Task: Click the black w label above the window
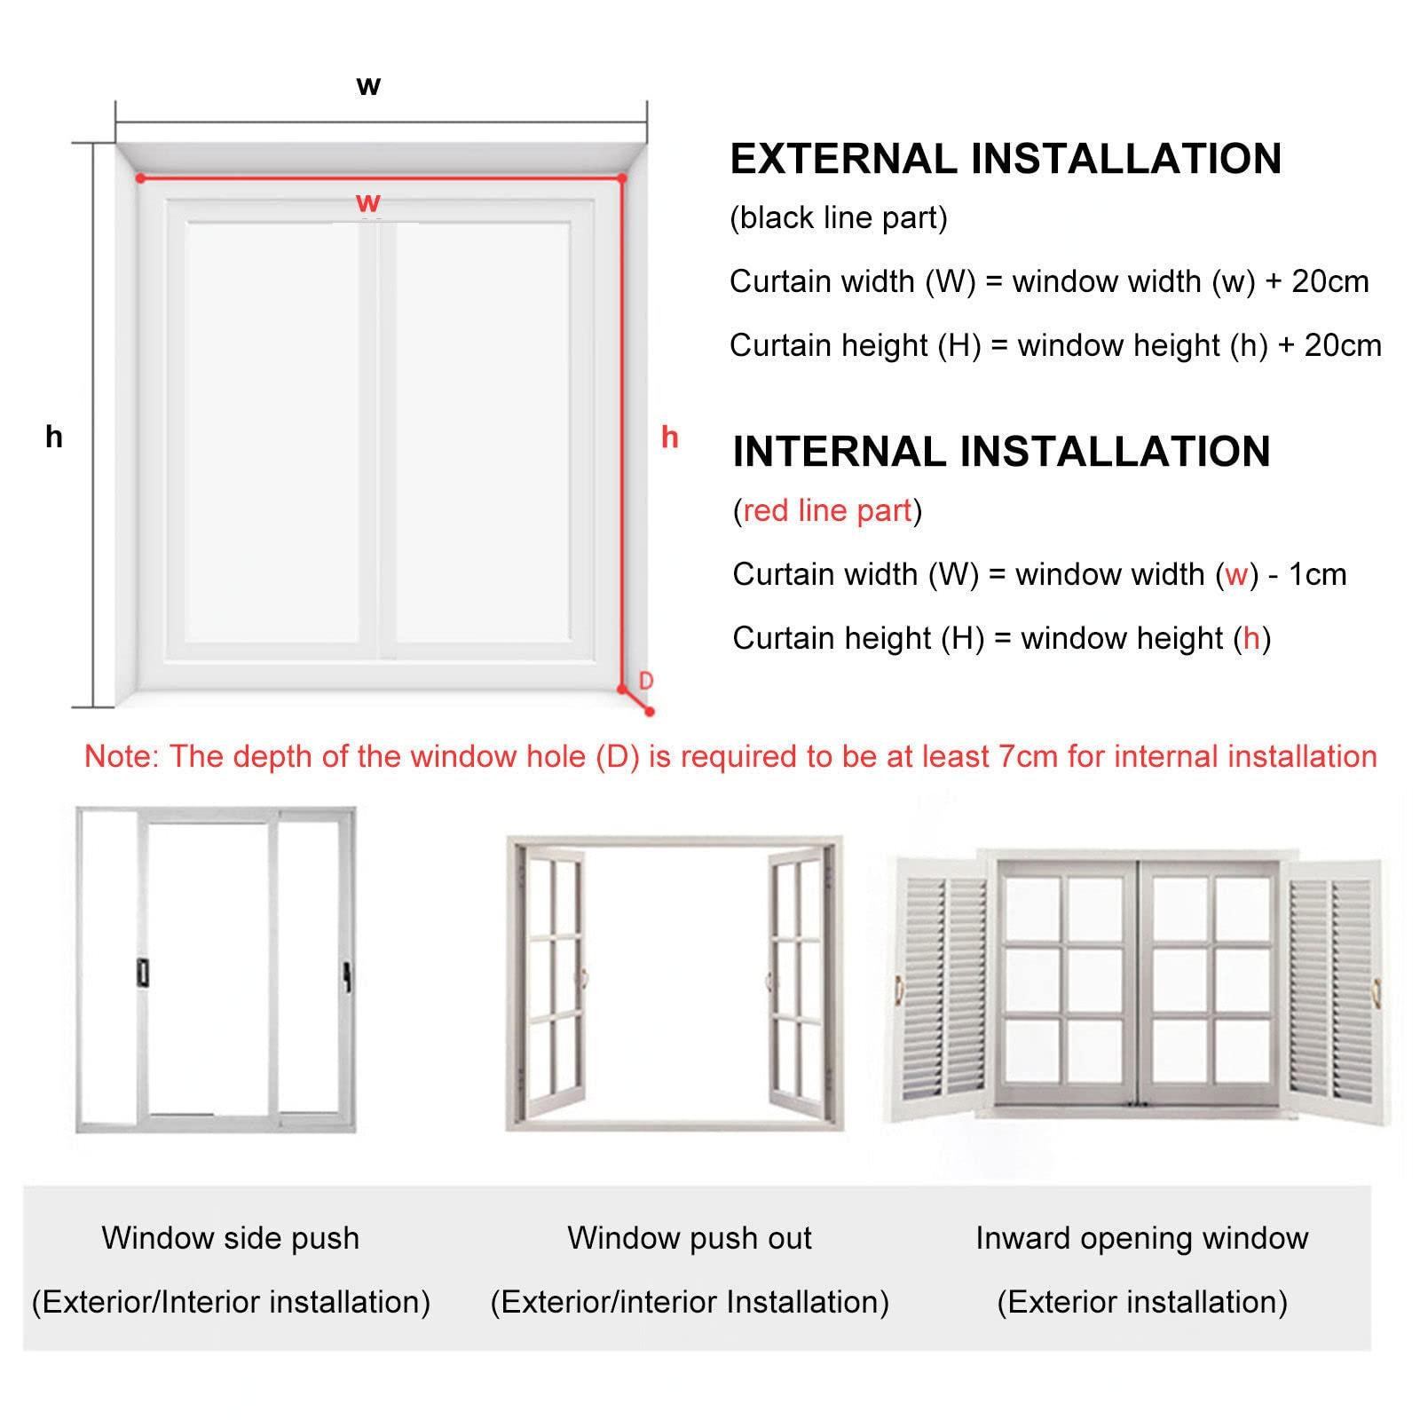click(368, 86)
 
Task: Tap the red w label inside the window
click(368, 202)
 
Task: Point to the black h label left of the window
click(54, 436)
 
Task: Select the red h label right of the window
click(670, 436)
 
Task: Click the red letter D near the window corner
click(646, 681)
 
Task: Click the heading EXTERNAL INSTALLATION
click(1006, 159)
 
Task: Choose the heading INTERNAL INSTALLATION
click(1001, 451)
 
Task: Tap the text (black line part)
click(839, 218)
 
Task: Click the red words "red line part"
click(827, 510)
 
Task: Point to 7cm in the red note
click(1028, 756)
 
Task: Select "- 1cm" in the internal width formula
click(1307, 574)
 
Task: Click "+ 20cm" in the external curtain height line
click(1329, 345)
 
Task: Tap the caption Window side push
click(231, 1238)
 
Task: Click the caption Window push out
click(690, 1238)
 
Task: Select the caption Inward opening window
click(1142, 1238)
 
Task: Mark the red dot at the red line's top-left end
click(140, 178)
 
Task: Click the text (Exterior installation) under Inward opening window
click(1142, 1302)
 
